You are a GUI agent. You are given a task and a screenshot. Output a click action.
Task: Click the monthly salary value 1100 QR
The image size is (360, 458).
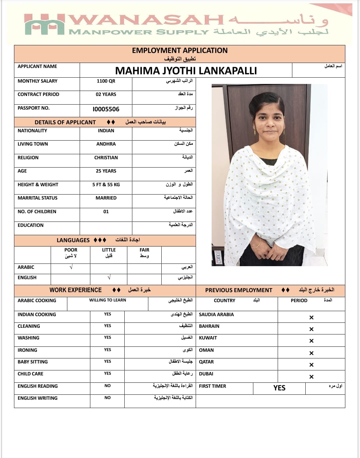tap(106, 81)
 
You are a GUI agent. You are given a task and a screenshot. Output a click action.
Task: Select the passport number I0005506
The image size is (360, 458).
tap(106, 109)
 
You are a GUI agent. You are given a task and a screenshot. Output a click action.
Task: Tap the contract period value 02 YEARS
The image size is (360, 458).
tap(106, 95)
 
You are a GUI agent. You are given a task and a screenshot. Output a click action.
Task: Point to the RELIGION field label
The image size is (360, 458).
tap(28, 158)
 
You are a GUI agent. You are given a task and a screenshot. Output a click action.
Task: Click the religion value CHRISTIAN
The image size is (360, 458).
tap(106, 158)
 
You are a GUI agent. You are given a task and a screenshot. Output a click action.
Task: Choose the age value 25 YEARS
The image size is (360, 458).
tap(106, 171)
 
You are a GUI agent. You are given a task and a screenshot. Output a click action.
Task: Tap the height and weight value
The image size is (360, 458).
tap(106, 185)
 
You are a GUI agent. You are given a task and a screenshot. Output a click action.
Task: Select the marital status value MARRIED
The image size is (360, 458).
tap(106, 198)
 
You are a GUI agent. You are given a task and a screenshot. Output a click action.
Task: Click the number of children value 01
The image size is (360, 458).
tap(106, 212)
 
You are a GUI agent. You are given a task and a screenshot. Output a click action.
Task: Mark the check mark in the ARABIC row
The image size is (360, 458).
tap(71, 267)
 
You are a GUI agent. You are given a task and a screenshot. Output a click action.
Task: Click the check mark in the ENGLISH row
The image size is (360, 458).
tap(109, 277)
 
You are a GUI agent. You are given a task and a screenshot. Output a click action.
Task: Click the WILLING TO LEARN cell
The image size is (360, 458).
tap(108, 300)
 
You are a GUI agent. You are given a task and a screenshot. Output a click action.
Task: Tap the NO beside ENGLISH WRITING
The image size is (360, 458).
tap(107, 398)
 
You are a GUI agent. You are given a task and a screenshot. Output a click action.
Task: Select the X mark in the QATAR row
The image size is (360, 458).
tap(311, 365)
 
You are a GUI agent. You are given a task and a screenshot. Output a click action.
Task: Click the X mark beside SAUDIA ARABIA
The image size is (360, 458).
tap(311, 317)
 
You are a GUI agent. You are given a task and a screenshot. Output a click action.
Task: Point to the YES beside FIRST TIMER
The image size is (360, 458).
tap(279, 388)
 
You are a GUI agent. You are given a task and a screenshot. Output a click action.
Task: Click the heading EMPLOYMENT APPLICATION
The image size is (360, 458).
tap(180, 51)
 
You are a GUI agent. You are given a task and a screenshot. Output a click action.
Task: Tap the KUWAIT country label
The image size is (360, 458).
tap(208, 338)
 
